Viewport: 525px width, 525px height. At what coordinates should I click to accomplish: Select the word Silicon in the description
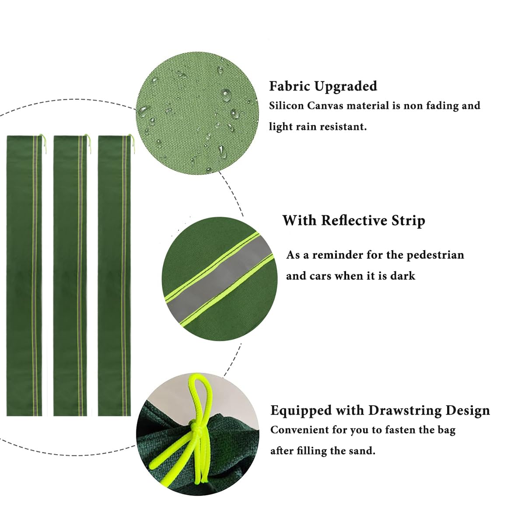pos(286,106)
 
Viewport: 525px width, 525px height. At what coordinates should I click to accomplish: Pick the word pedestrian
pos(435,255)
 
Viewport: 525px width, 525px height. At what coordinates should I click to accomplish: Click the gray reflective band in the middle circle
pos(219,278)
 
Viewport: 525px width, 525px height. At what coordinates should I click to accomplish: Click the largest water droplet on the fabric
pos(226,95)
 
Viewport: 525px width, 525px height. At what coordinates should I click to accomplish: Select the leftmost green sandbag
pos(24,276)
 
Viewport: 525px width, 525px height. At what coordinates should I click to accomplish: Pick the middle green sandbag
pos(70,276)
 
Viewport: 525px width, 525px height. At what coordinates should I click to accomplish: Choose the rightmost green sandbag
pos(115,276)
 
